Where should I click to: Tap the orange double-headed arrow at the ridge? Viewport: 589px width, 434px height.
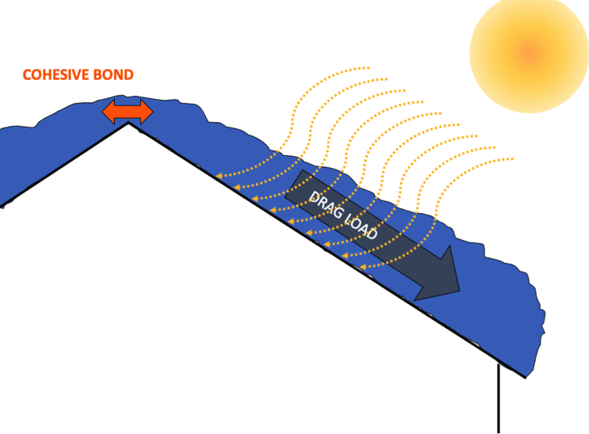pos(128,112)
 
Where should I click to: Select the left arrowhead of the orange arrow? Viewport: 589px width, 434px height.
pos(109,112)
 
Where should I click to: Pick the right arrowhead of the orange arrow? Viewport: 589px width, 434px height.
pos(147,112)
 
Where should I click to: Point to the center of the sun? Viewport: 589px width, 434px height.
pos(530,54)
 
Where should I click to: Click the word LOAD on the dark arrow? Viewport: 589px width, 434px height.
pos(361,227)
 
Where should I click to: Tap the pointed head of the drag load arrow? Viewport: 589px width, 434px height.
pos(460,291)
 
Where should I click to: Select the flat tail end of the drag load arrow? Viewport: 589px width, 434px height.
pos(294,185)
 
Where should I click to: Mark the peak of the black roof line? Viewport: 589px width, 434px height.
pos(128,123)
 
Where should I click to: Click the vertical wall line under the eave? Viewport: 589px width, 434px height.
pos(499,398)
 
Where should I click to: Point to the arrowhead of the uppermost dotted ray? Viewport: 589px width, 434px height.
pos(219,175)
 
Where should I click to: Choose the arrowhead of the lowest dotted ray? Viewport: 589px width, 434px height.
pos(364,267)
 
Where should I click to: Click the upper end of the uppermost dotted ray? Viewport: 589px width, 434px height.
pos(369,67)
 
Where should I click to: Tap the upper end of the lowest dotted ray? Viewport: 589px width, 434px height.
pos(512,159)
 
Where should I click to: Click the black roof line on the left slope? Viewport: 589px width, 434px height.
pos(65,165)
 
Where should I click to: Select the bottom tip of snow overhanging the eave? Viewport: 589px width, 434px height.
pos(525,377)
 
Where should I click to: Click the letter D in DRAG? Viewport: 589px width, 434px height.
pos(313,197)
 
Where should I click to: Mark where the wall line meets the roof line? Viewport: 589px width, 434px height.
pos(499,363)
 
